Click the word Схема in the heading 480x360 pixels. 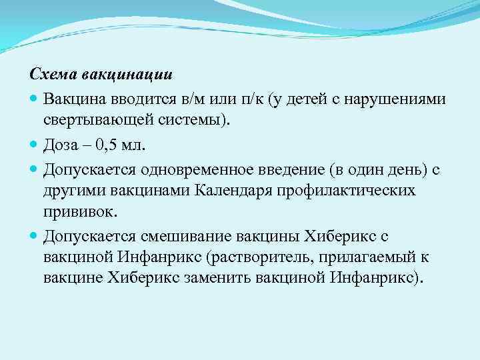(49, 73)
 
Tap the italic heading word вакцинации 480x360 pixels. (106, 73)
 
